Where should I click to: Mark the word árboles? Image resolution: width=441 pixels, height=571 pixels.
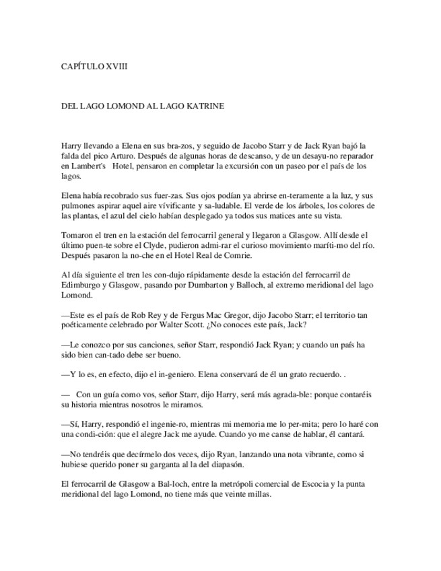[x=302, y=205]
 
